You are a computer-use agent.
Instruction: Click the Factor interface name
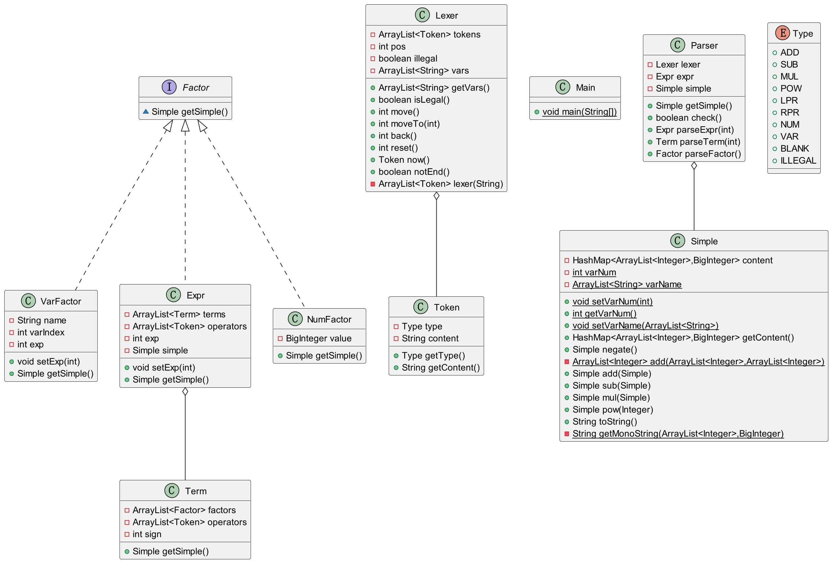click(x=195, y=88)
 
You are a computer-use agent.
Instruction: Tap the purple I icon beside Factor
click(x=169, y=87)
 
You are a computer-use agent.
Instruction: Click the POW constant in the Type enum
click(x=791, y=88)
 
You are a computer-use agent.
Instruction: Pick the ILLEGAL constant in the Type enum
click(x=798, y=161)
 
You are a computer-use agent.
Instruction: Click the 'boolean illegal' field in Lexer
click(x=408, y=58)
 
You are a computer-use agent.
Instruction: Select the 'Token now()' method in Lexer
click(x=404, y=159)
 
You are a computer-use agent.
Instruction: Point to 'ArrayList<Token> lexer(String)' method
click(x=440, y=184)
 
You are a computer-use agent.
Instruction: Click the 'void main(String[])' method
click(x=579, y=111)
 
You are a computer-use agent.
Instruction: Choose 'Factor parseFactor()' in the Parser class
click(x=698, y=154)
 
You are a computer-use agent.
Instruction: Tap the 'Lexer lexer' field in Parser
click(x=678, y=65)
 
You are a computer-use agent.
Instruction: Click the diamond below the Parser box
click(x=694, y=166)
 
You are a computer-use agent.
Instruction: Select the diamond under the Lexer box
click(x=436, y=195)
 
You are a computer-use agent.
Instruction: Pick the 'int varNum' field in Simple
click(x=594, y=272)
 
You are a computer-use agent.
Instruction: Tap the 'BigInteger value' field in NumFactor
click(x=318, y=338)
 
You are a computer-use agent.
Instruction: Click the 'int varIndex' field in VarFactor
click(x=41, y=332)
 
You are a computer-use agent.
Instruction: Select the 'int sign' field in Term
click(x=147, y=534)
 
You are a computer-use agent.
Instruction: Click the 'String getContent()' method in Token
click(x=440, y=368)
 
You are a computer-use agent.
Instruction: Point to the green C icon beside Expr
click(x=173, y=295)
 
